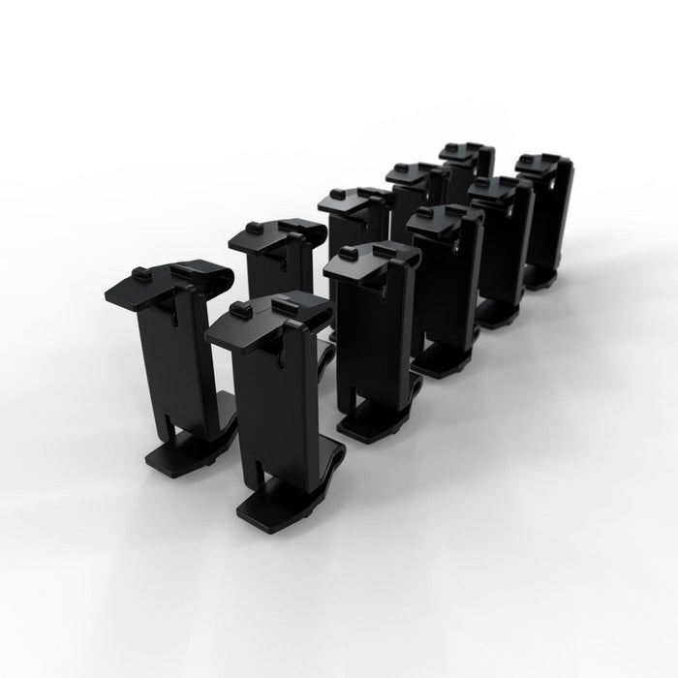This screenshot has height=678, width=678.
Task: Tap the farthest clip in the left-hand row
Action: tap(465, 174)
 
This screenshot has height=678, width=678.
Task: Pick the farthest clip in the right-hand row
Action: tap(544, 218)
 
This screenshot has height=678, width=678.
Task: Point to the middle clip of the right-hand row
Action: tap(446, 286)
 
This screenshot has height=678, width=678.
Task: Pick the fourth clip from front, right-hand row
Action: tap(499, 247)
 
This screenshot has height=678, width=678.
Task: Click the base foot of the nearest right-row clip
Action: tap(276, 504)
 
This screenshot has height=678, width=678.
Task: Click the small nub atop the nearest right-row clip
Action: tap(241, 310)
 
